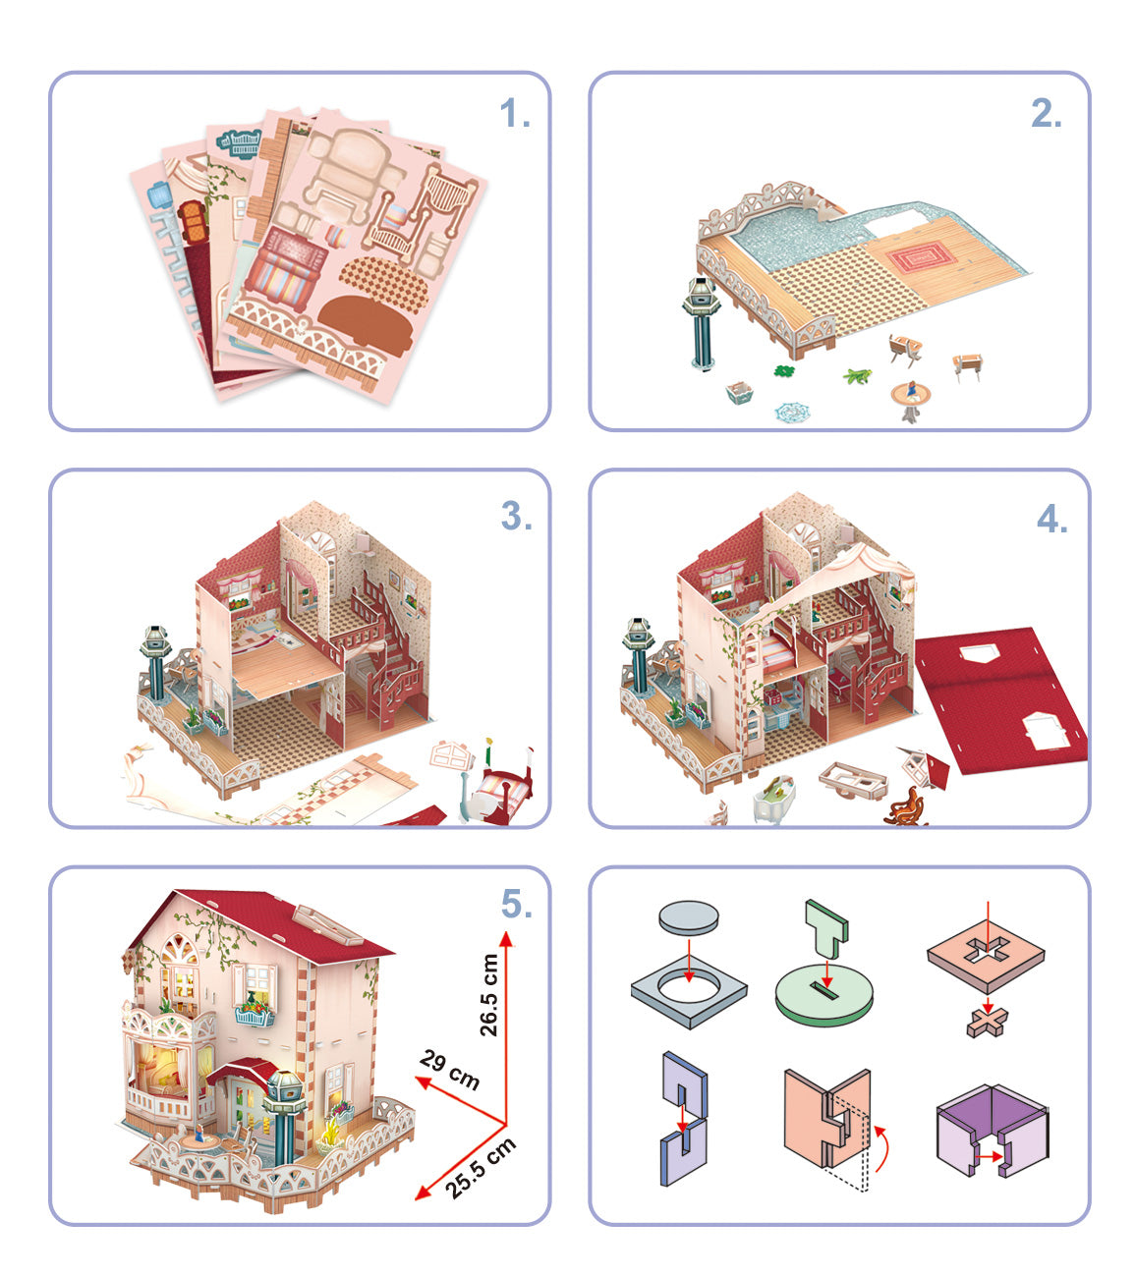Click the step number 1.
coord(514,115)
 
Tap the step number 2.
coord(1046,115)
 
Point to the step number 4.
coord(1051,520)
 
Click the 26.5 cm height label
coord(488,995)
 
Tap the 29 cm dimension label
coord(450,1070)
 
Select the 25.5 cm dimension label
coord(480,1168)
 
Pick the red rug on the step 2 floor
coord(921,257)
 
